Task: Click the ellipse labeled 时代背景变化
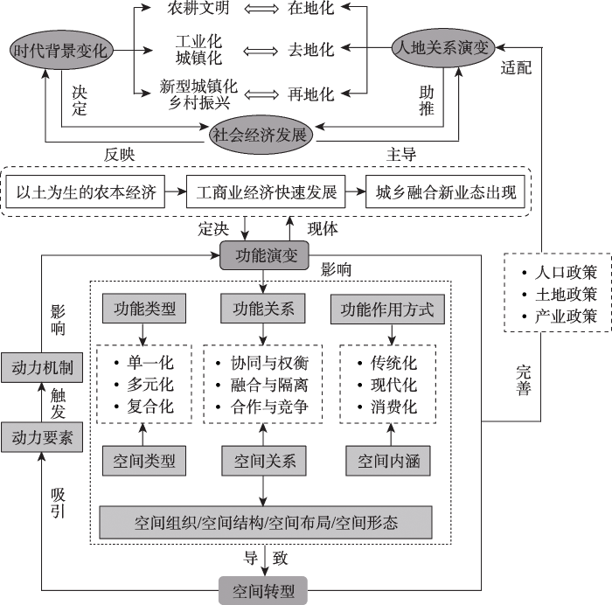click(61, 50)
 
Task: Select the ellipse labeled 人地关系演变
click(443, 47)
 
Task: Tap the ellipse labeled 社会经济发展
click(261, 135)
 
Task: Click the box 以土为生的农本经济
click(86, 191)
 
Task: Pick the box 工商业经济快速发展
click(266, 191)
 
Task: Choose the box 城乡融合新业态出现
click(445, 191)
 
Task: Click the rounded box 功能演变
click(265, 255)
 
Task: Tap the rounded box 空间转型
click(263, 590)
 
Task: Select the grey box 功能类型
click(144, 309)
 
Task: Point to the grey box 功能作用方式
click(387, 309)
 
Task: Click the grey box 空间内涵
click(388, 461)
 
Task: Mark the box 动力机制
click(42, 368)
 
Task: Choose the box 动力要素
click(42, 437)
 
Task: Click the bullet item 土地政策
click(560, 295)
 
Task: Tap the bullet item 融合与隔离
click(262, 386)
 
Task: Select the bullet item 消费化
click(387, 407)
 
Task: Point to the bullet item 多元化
click(143, 386)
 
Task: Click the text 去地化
click(311, 50)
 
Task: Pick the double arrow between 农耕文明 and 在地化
click(261, 8)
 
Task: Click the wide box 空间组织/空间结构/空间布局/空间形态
click(266, 523)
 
